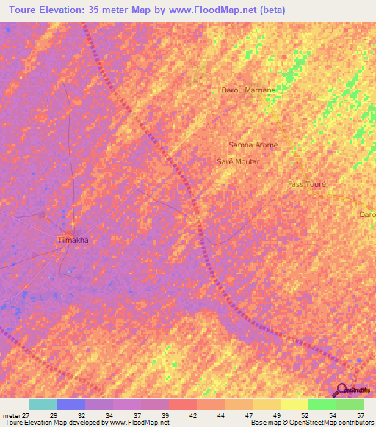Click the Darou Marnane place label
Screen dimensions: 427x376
[248, 90]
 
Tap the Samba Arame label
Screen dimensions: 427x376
[253, 145]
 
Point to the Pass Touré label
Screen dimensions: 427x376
[307, 184]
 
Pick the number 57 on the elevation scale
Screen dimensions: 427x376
[359, 416]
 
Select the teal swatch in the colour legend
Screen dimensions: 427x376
[43, 404]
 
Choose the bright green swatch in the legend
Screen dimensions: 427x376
[322, 404]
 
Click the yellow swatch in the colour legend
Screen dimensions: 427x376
[294, 404]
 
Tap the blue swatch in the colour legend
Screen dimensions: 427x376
[70, 404]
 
